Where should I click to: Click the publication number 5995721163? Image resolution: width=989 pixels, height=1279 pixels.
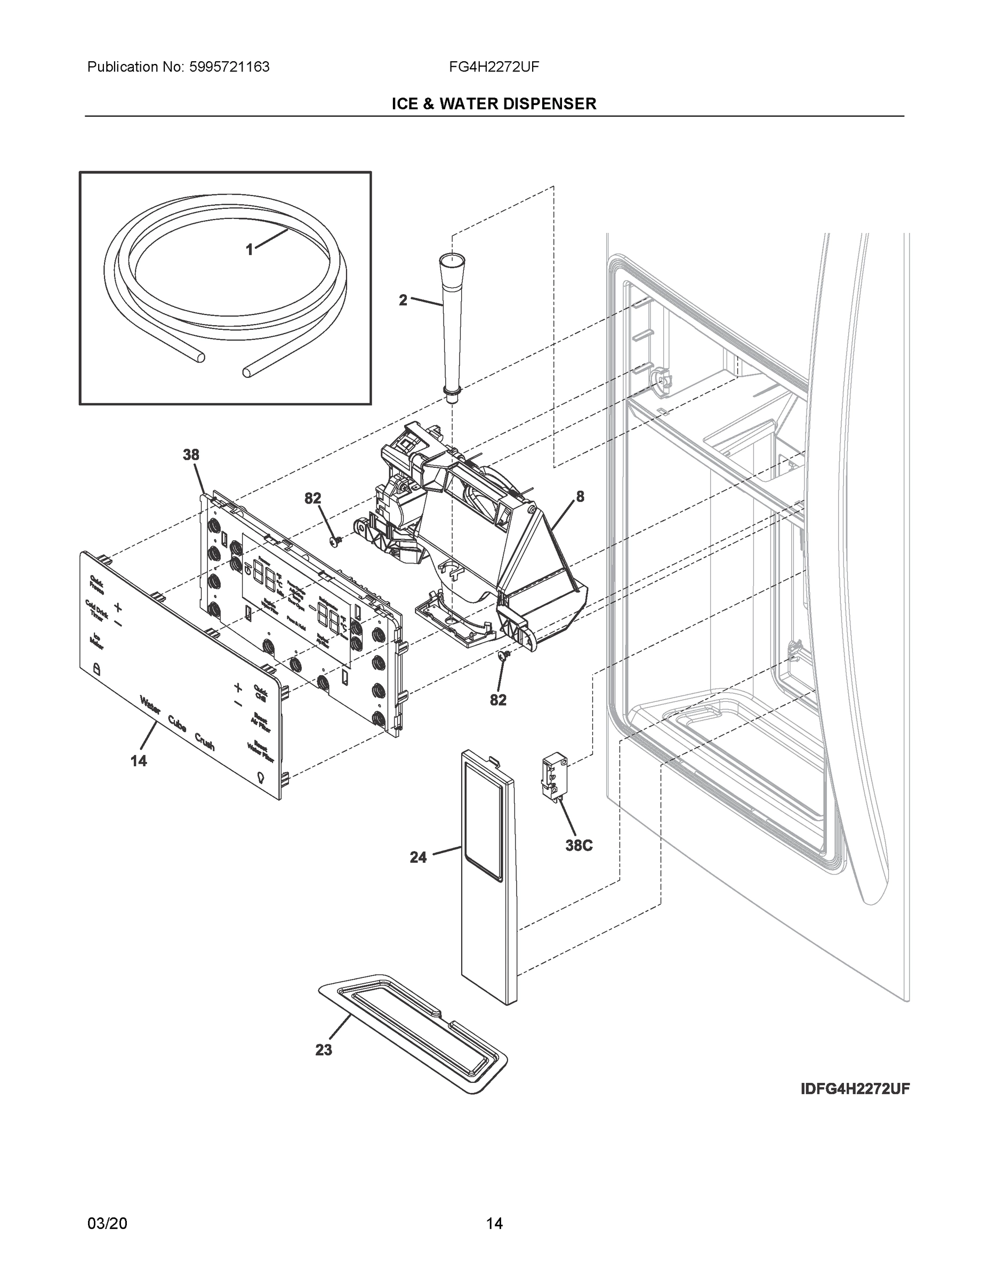tap(229, 67)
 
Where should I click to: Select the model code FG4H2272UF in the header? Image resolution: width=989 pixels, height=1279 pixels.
tap(494, 67)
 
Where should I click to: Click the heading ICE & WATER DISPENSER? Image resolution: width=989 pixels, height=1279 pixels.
tap(494, 104)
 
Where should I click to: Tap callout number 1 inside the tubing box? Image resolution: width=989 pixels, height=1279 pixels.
tap(250, 250)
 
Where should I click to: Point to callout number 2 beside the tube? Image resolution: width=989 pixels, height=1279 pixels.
tap(403, 301)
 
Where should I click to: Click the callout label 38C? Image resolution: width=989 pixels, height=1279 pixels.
tap(579, 846)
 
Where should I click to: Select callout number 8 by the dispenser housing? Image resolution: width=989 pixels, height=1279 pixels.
tap(580, 497)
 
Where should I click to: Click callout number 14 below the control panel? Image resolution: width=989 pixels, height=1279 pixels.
tap(139, 762)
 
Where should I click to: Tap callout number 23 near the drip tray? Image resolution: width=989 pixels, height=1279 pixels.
tap(324, 1050)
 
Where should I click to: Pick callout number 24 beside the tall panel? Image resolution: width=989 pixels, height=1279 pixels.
tap(419, 857)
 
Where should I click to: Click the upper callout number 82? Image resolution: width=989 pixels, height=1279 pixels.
tap(313, 498)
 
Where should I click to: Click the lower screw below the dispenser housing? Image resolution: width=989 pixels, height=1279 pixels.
tap(503, 656)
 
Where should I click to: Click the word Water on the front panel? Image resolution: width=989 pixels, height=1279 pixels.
tap(150, 705)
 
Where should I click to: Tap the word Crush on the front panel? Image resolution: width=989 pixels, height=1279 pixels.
tap(205, 741)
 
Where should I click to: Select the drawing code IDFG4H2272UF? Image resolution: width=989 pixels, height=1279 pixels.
tap(855, 1089)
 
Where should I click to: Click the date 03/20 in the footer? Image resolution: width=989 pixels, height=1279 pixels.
tap(107, 1224)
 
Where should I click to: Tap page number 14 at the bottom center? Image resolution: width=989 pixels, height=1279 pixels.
tap(494, 1224)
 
